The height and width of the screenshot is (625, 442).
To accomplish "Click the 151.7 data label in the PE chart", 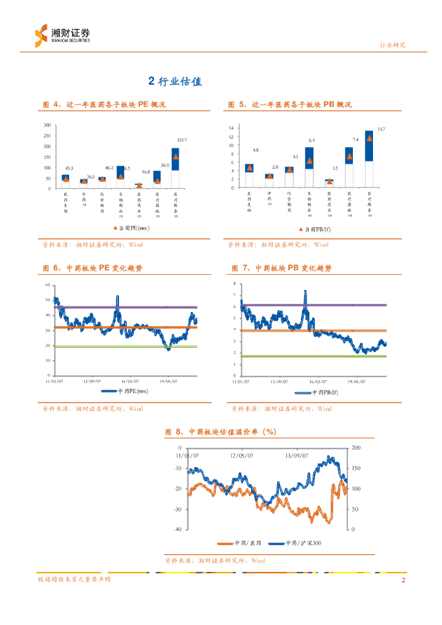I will coord(182,140).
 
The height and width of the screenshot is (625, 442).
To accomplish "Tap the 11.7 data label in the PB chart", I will coord(382,129).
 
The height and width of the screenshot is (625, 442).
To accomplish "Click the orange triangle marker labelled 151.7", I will coord(175,156).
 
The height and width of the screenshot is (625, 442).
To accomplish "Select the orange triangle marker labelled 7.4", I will coord(349,156).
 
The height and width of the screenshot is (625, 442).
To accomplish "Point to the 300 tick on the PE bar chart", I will coord(47,126).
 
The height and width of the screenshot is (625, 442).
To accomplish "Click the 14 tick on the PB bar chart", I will coord(231,128).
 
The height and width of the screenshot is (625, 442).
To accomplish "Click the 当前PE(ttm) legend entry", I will coord(131,228).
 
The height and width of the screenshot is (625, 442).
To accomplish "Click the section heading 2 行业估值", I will coord(175,81).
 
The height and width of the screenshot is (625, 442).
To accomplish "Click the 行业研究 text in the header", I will coord(393,45).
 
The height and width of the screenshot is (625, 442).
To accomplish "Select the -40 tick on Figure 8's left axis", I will coord(178,529).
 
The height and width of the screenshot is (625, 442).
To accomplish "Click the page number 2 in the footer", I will coord(403,580).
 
